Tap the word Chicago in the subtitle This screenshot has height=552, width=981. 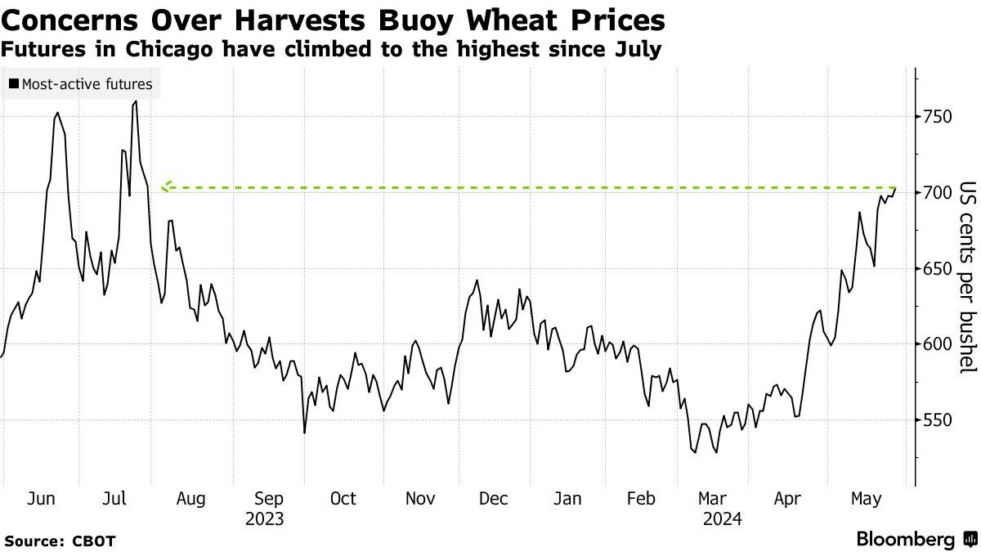point(159,50)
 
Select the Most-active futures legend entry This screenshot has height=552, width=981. point(81,83)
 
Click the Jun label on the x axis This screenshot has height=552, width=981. point(42,499)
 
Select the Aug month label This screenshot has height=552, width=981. point(190,499)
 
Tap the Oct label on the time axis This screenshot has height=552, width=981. point(343,499)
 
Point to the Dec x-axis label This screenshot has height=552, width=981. point(494,499)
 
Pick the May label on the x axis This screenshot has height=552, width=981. point(867,499)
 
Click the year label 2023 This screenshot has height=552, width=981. point(264,518)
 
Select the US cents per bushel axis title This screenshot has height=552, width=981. point(967,276)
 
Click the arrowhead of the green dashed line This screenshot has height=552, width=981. point(165,187)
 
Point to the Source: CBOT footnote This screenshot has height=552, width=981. point(60,541)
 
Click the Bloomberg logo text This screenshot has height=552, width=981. point(905,540)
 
